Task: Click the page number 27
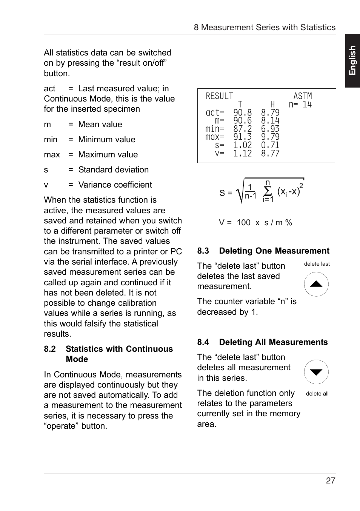(x=331, y=480)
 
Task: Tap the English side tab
(x=352, y=61)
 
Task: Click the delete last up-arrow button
(x=316, y=284)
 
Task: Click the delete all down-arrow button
(x=316, y=372)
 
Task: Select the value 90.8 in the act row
(x=242, y=113)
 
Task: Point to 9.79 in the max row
(x=270, y=137)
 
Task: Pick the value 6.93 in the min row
(x=270, y=129)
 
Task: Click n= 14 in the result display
(x=300, y=105)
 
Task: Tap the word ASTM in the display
(x=303, y=96)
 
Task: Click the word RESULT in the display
(x=219, y=96)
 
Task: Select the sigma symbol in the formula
(x=268, y=191)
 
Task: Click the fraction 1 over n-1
(x=250, y=192)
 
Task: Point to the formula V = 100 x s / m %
(x=255, y=223)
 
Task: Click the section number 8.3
(x=203, y=251)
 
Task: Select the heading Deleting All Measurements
(x=273, y=342)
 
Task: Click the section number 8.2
(x=50, y=349)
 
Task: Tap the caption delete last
(x=317, y=264)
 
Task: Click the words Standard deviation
(x=113, y=170)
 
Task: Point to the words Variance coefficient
(x=115, y=185)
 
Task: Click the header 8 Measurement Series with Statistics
(x=265, y=28)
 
